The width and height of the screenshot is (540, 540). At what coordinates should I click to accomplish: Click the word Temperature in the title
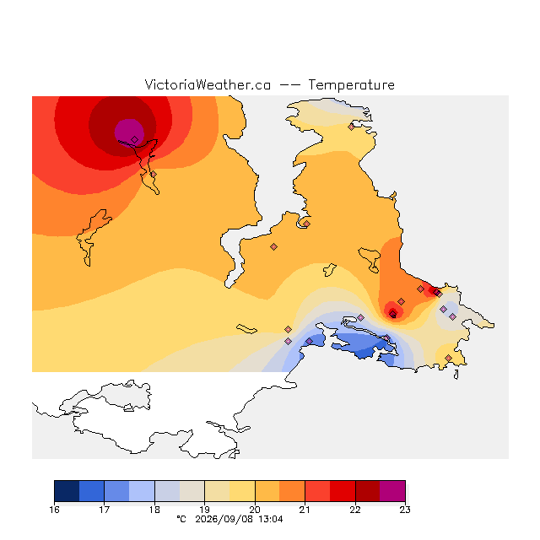pos(351,84)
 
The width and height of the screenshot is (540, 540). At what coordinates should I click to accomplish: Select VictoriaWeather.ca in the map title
pos(208,84)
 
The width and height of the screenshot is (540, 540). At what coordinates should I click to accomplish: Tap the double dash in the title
pos(289,85)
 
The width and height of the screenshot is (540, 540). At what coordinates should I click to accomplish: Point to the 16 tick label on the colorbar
pos(54,510)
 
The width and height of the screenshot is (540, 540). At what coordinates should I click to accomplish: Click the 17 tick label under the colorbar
pos(105,510)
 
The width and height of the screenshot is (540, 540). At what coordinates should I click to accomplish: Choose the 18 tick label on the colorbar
pos(154,510)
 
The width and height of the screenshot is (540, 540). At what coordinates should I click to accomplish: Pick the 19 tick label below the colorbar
pos(204,510)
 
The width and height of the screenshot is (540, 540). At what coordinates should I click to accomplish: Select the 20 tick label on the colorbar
pos(255,510)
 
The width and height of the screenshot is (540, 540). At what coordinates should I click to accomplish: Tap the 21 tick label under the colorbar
pos(305,510)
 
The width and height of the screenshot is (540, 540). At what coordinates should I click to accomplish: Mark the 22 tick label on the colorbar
pos(355,510)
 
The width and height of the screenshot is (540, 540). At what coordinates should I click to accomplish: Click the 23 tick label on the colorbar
pos(405,510)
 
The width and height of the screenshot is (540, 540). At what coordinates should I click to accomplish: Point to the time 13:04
pos(271,520)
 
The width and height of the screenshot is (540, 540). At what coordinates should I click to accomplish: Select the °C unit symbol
pos(181,519)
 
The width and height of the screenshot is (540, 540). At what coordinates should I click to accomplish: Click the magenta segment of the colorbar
pos(392,491)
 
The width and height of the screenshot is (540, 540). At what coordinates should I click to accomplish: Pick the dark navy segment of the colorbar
pos(67,491)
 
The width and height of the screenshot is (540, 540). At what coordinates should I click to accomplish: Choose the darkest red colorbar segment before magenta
pos(368,491)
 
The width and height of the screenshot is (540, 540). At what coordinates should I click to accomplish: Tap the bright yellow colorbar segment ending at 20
pos(242,491)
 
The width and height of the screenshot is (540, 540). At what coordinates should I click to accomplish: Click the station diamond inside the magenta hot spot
pos(135,139)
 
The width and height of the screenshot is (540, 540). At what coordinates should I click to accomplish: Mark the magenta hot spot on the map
pos(129,132)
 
